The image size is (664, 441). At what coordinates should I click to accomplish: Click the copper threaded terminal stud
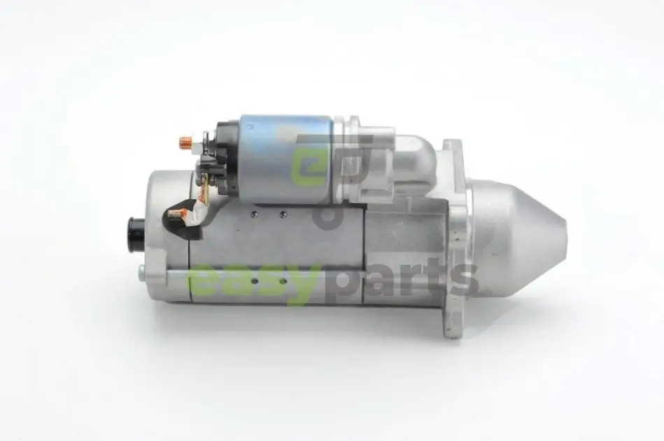185,143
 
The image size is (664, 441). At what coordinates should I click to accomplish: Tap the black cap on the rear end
136,235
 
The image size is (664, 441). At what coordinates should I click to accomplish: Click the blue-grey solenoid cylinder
287,158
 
